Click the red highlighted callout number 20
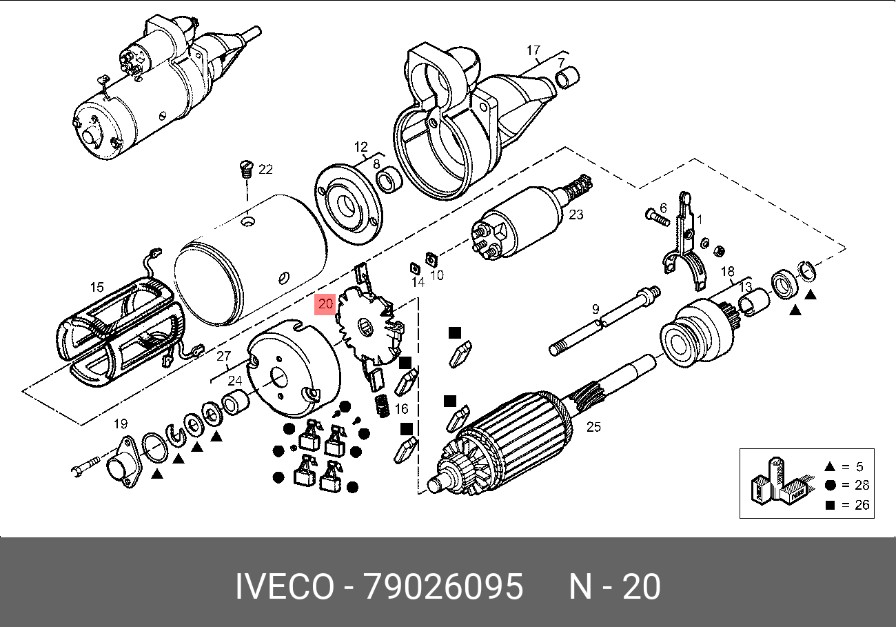coord(325,304)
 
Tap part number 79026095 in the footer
coord(444,586)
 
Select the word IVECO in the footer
coord(285,586)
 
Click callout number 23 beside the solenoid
coord(576,215)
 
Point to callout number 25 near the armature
coord(593,427)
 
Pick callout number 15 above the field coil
coord(97,287)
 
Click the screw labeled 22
coord(246,170)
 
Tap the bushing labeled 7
coord(568,77)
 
